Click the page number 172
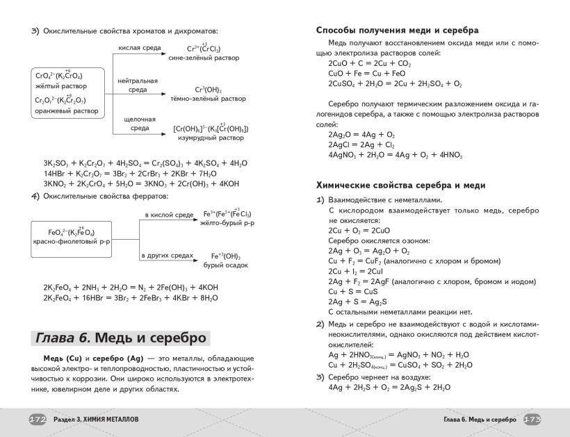pyautogui.click(x=37, y=420)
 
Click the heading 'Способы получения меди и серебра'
pyautogui.click(x=397, y=31)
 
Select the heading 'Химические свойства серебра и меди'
pyautogui.click(x=400, y=185)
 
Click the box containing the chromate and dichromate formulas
pyautogui.click(x=68, y=92)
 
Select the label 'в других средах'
pyautogui.click(x=166, y=256)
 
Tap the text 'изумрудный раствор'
pyautogui.click(x=211, y=138)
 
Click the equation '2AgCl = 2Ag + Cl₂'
pyautogui.click(x=361, y=145)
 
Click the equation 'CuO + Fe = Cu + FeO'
pyautogui.click(x=367, y=73)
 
